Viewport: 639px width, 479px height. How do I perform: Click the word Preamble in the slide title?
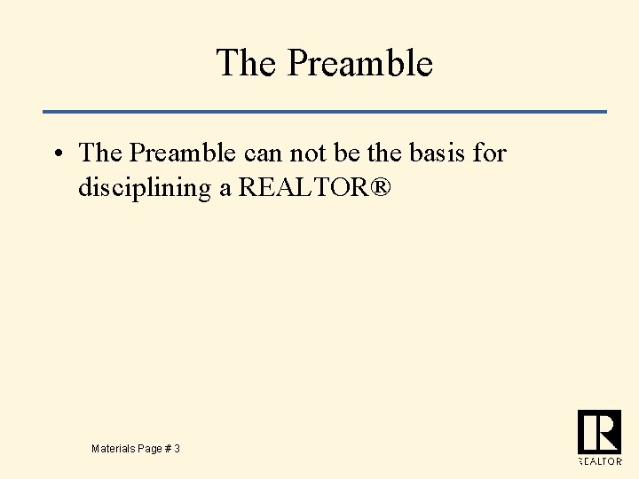coord(360,63)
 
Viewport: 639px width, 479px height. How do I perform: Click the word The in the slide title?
coord(245,63)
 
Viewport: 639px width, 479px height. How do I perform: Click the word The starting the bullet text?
coord(99,153)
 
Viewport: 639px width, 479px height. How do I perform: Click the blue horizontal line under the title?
coord(325,112)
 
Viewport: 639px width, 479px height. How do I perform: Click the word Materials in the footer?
coord(114,450)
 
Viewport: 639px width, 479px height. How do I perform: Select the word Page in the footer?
coord(151,450)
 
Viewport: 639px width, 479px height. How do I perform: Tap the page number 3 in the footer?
coord(177,450)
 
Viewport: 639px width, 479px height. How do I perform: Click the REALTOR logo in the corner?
coord(599,437)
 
